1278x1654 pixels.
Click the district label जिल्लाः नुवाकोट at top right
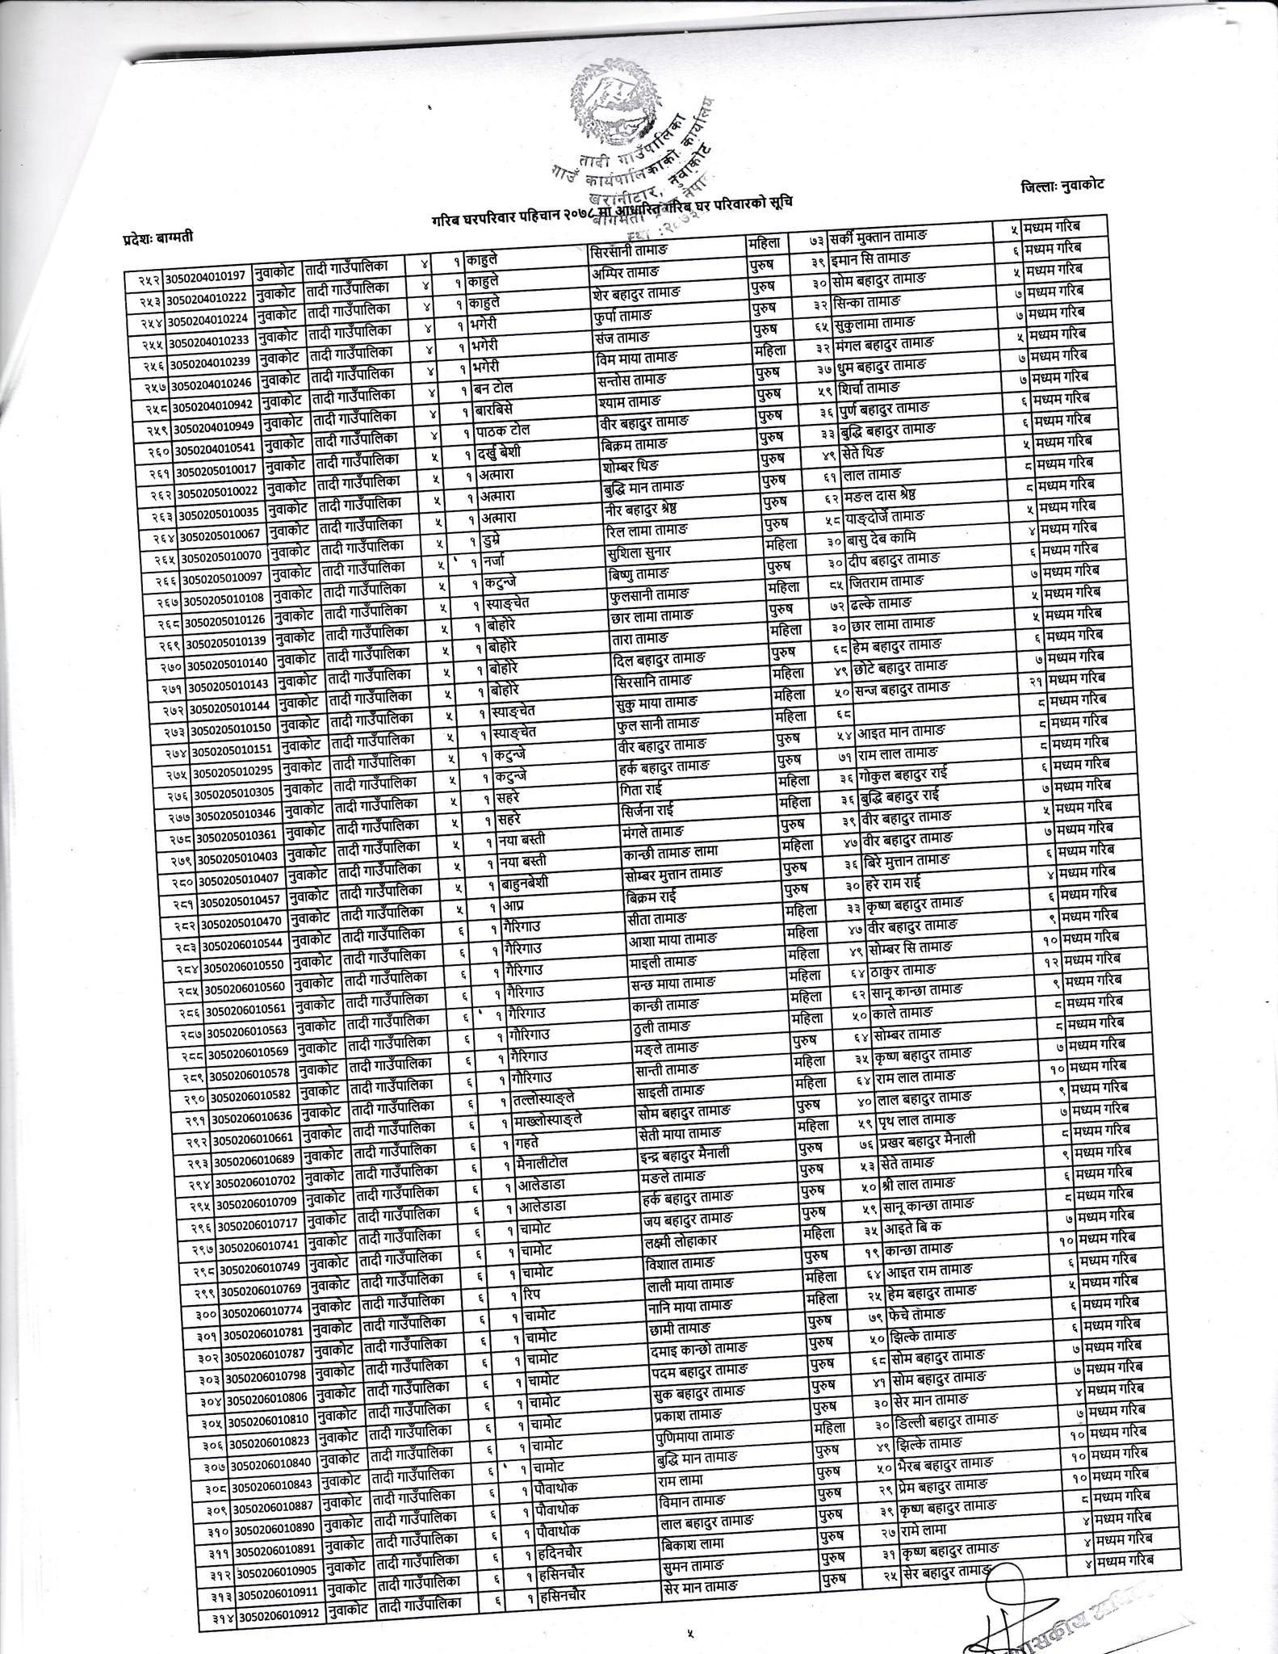1061,185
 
